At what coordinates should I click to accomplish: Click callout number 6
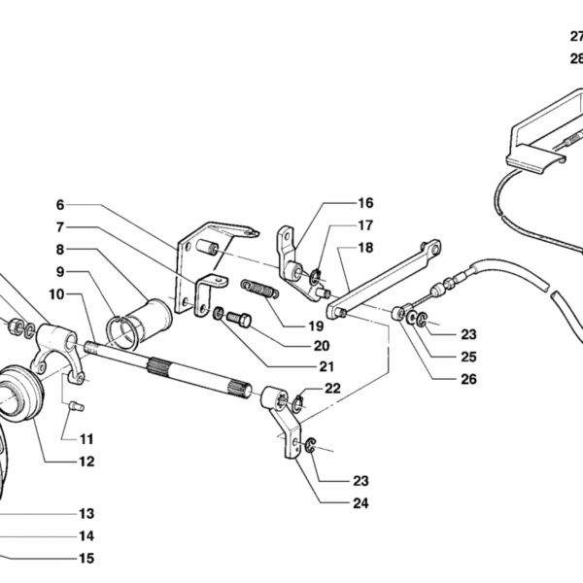click(x=59, y=205)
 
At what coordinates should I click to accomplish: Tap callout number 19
click(x=316, y=326)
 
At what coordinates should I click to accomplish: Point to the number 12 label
click(x=86, y=462)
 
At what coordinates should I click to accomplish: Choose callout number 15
click(x=86, y=558)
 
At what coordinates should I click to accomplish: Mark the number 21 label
click(x=326, y=367)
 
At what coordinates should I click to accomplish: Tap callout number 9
click(x=59, y=271)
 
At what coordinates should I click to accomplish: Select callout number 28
click(x=576, y=58)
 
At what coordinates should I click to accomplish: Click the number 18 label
click(x=365, y=248)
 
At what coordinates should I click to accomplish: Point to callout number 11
click(x=86, y=438)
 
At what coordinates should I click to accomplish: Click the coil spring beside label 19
click(x=260, y=288)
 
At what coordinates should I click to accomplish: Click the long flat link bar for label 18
click(x=384, y=283)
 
